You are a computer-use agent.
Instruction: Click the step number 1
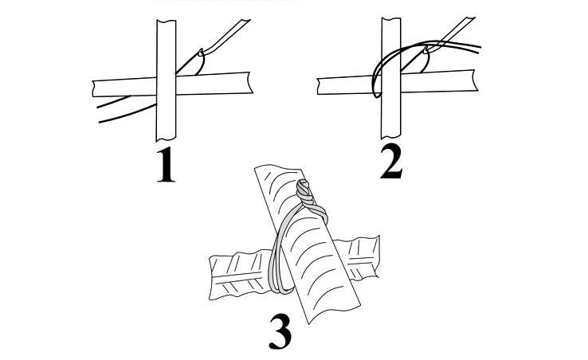click(x=166, y=165)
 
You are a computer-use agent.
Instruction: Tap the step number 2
click(x=391, y=161)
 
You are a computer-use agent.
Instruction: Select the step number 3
click(x=280, y=331)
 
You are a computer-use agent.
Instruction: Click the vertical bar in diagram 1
click(x=166, y=80)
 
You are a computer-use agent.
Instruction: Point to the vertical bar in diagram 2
click(x=391, y=78)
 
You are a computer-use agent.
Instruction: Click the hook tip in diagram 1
click(x=202, y=50)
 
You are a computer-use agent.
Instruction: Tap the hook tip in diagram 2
click(x=426, y=48)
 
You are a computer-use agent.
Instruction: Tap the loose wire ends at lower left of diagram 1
click(x=127, y=109)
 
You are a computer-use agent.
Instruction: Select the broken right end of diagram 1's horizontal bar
click(x=249, y=83)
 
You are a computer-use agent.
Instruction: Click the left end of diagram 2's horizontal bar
click(x=319, y=86)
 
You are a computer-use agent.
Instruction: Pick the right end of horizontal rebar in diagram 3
click(x=375, y=258)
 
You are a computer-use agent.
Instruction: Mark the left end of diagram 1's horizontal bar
click(x=94, y=88)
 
